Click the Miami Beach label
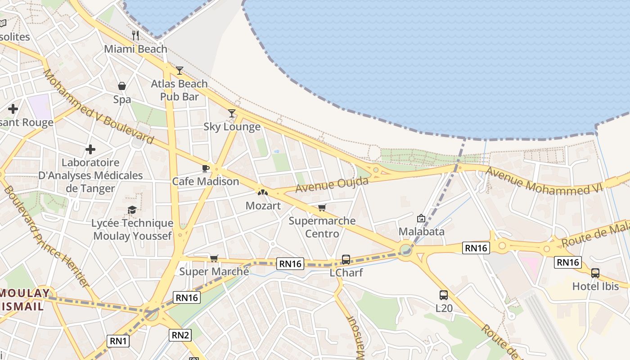[135, 49]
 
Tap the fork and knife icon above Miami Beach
[135, 36]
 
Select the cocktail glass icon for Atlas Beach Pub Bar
[180, 70]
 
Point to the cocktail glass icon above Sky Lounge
[232, 113]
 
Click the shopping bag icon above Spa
[122, 85]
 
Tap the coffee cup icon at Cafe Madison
[205, 168]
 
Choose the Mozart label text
[263, 206]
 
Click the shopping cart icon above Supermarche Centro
[322, 207]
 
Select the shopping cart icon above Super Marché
[214, 258]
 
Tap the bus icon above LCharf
[346, 259]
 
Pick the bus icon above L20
[443, 295]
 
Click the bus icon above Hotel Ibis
[595, 273]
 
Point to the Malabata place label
[421, 231]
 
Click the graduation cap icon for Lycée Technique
[132, 210]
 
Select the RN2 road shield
[180, 335]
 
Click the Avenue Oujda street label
[332, 184]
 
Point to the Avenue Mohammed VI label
[543, 181]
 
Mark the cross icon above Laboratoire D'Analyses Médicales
[90, 149]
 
